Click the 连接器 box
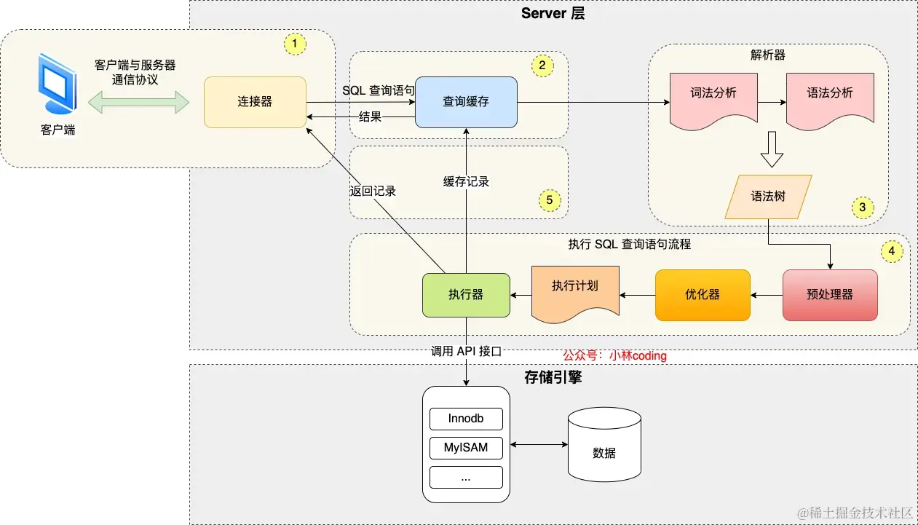coord(255,102)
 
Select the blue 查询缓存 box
coord(466,102)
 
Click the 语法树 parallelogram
coord(768,197)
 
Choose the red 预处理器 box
coord(830,295)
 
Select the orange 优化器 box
coord(703,295)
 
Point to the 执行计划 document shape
coord(575,291)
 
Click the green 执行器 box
coord(466,295)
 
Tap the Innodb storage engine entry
coord(466,419)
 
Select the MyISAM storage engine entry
coord(466,447)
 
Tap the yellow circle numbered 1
coord(294,44)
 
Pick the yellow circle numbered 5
coord(550,200)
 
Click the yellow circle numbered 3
coord(862,208)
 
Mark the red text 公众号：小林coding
coord(614,356)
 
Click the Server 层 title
coord(553,14)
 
